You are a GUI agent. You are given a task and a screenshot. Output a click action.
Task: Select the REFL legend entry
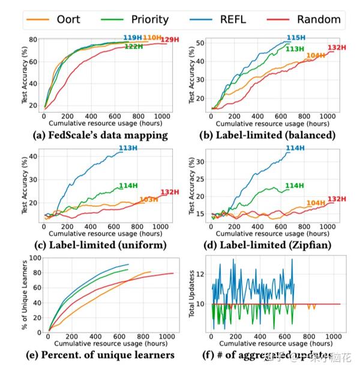(x=243, y=19)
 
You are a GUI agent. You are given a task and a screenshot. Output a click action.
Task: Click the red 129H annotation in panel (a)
(x=169, y=40)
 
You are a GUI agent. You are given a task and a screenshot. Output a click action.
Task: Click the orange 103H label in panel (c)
(x=148, y=199)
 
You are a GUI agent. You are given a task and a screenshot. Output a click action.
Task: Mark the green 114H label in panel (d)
(x=293, y=185)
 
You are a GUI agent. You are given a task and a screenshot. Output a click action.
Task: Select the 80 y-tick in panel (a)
(x=34, y=40)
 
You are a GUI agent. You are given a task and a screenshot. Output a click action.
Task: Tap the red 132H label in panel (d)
(x=337, y=199)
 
